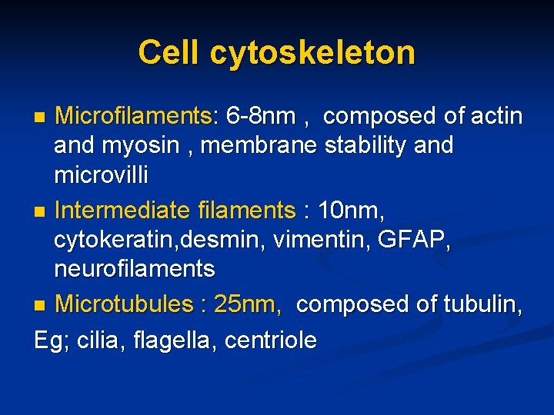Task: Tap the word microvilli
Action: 101,174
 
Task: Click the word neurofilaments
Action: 135,268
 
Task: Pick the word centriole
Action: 271,340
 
